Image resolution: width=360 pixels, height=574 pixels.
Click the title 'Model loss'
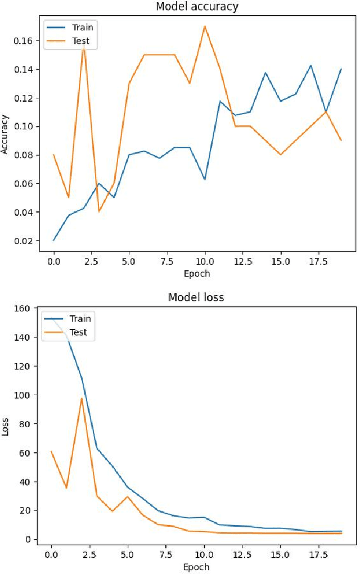(196, 297)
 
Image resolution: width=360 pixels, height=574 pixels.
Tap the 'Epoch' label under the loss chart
(196, 567)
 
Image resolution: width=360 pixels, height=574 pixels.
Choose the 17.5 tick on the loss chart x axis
(318, 554)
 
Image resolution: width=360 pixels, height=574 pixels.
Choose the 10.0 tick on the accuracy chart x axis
(205, 262)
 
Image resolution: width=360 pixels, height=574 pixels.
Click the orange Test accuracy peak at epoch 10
(205, 26)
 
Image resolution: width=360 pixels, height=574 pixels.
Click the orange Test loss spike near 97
(82, 399)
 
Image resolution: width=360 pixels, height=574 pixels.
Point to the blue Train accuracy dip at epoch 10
(205, 179)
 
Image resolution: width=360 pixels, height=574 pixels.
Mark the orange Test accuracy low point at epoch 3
(99, 211)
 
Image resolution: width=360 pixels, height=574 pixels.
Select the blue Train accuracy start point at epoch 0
(54, 240)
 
